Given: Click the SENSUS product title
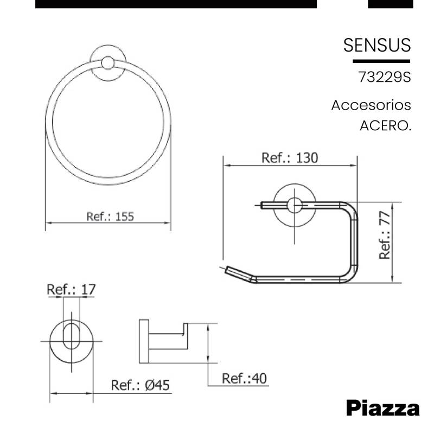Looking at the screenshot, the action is point(377,45).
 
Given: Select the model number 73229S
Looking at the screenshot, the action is point(385,77).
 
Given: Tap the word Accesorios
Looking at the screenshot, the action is point(371,105).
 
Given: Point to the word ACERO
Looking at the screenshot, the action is point(386,126).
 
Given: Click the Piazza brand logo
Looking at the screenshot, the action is point(383,409).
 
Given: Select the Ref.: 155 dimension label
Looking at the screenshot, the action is point(110,216).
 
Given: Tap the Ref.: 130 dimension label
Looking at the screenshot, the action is point(290,158).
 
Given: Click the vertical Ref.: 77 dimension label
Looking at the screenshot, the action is point(385,235).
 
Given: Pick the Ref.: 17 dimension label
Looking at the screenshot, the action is point(71,290).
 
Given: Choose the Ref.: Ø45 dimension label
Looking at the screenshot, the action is point(141,385).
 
